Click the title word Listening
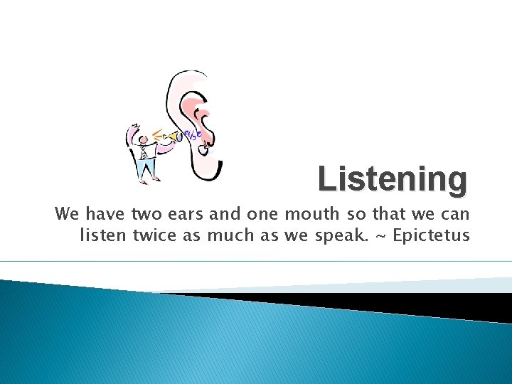pyautogui.click(x=393, y=180)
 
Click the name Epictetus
pyautogui.click(x=431, y=235)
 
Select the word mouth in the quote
pyautogui.click(x=298, y=214)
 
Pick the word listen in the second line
pyautogui.click(x=104, y=235)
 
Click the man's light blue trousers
pyautogui.click(x=146, y=168)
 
